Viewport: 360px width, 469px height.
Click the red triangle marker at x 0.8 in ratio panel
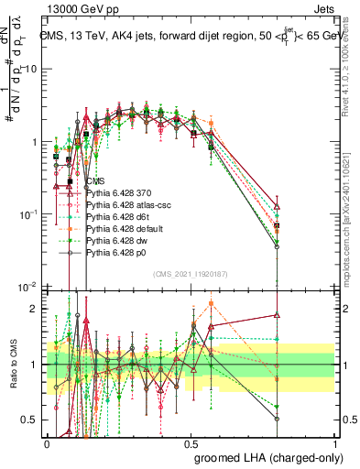(277, 315)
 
